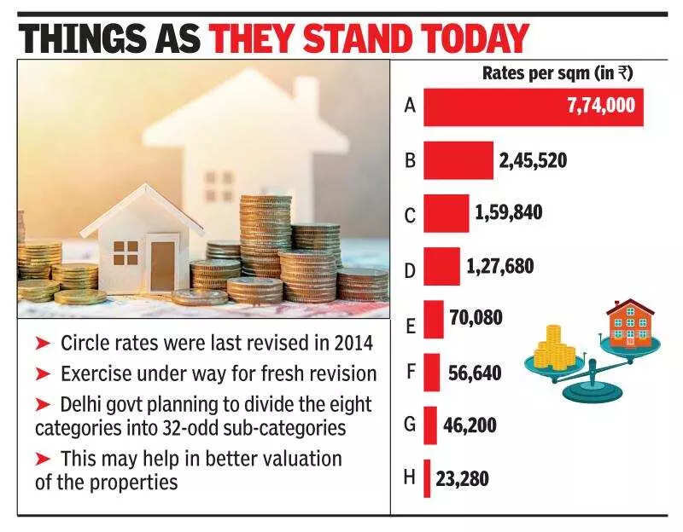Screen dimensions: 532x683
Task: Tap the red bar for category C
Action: pyautogui.click(x=446, y=213)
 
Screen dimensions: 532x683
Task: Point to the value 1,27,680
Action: pyautogui.click(x=500, y=266)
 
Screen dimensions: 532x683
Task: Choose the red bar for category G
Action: pyautogui.click(x=430, y=425)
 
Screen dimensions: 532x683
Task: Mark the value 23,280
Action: pyautogui.click(x=461, y=478)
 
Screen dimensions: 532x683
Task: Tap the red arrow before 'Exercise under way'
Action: pyautogui.click(x=43, y=373)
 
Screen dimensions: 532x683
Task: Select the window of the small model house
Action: pyautogui.click(x=126, y=253)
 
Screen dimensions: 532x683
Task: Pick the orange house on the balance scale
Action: pyautogui.click(x=629, y=322)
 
